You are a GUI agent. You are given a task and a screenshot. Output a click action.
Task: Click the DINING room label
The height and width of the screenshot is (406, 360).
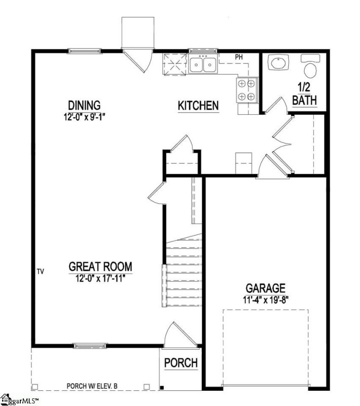[x=84, y=106]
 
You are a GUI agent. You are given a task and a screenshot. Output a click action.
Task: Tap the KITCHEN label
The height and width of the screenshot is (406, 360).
[x=198, y=106]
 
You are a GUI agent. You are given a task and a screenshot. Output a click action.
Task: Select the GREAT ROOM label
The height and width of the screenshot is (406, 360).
[x=100, y=266]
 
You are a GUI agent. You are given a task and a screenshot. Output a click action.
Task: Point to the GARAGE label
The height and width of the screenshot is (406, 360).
[x=266, y=289]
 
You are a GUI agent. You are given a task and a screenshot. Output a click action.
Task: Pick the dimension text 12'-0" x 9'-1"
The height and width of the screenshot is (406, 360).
[x=84, y=116]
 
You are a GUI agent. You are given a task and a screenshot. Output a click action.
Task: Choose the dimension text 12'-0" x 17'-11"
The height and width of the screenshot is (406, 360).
[x=100, y=277]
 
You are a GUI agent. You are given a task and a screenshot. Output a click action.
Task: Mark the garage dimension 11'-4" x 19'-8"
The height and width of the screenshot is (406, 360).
[x=266, y=299]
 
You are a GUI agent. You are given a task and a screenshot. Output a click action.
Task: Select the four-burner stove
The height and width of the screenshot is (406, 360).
[x=247, y=90]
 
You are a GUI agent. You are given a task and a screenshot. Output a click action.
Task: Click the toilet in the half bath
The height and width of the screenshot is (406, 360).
[x=309, y=68]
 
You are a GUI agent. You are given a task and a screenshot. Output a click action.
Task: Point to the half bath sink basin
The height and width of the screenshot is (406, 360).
[x=277, y=64]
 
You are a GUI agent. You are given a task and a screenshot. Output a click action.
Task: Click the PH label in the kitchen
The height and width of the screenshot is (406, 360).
[x=239, y=56]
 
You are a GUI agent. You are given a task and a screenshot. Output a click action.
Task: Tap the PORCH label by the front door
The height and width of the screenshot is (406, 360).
[x=181, y=363]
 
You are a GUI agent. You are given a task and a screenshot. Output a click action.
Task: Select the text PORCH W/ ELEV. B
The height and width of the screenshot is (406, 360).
[x=92, y=386]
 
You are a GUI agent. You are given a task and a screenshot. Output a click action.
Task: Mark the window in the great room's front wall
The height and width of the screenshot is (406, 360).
[x=89, y=347]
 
